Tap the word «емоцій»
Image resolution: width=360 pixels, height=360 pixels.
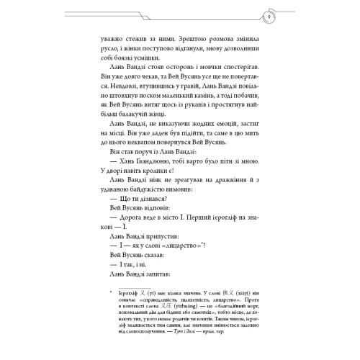pyautogui.click(x=217, y=144)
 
